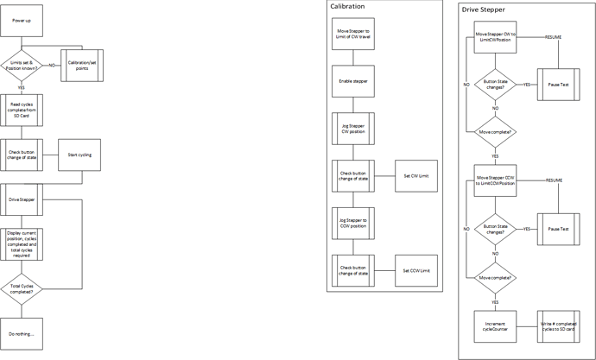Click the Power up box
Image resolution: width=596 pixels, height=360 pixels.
(22, 20)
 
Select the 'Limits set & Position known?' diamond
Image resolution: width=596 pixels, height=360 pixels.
(22, 65)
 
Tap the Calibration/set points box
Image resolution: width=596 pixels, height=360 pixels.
(81, 65)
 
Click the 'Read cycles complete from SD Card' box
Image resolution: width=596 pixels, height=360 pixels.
(22, 110)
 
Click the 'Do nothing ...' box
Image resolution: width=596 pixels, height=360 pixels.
(22, 333)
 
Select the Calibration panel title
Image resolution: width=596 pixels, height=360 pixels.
(348, 7)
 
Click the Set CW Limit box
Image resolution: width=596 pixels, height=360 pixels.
(416, 175)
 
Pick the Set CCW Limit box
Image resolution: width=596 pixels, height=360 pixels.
(416, 270)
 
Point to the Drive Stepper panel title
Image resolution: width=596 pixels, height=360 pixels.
(484, 9)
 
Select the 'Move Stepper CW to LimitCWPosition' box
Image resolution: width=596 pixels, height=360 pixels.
(495, 38)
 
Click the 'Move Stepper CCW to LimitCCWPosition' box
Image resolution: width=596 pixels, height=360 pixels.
(495, 180)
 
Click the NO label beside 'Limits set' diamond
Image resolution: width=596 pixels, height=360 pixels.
(53, 65)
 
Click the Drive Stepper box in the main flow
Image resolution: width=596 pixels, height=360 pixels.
(22, 199)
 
